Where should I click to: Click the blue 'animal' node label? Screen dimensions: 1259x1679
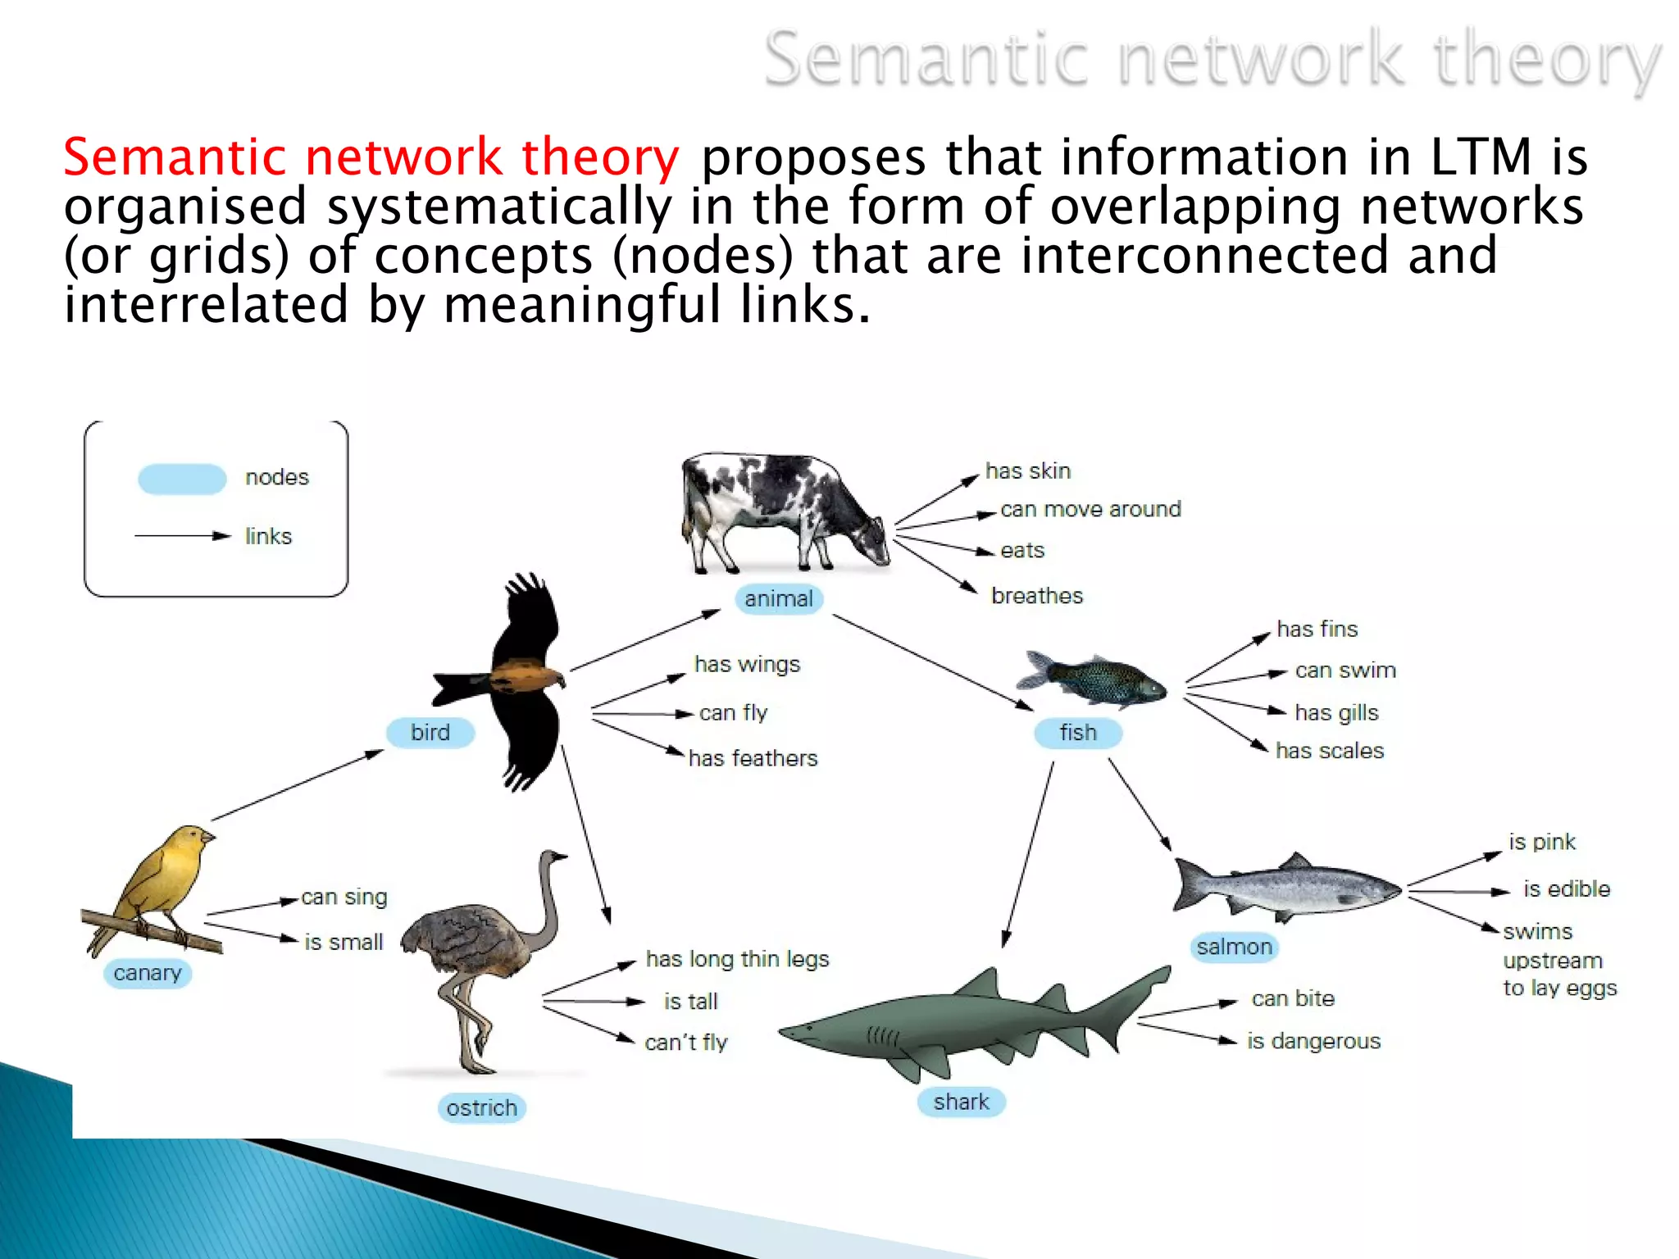coord(778,599)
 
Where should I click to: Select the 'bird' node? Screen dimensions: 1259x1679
coord(430,732)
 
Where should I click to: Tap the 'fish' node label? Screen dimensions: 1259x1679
coord(1077,732)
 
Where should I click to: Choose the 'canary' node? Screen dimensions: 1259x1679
coord(148,973)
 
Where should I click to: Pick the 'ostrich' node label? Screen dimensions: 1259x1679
coord(481,1108)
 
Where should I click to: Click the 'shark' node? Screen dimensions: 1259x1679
coord(961,1102)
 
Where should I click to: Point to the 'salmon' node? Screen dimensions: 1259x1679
coord(1234,947)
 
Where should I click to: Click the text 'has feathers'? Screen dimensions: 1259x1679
coord(753,758)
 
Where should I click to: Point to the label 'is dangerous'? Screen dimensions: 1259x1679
coord(1313,1041)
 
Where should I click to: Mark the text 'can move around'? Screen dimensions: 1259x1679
coord(1090,509)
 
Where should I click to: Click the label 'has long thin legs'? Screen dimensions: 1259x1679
coord(737,958)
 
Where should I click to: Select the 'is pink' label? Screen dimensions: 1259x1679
coord(1542,842)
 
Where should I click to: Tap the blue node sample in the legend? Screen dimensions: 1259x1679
coord(182,479)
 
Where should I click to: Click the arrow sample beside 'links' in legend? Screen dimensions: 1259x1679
coord(183,536)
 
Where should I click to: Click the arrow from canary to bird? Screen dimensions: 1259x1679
coord(297,784)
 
